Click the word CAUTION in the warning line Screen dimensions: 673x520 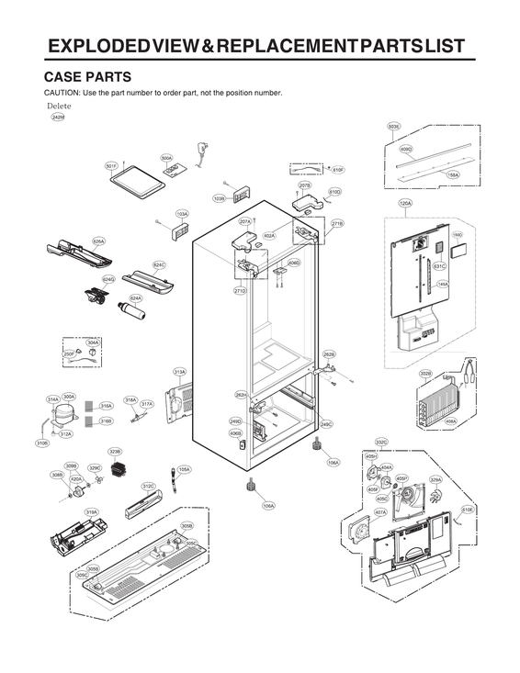point(62,94)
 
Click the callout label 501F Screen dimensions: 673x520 point(111,166)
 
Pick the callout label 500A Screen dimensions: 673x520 point(166,158)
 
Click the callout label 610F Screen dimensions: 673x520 point(337,170)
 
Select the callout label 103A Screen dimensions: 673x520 point(182,214)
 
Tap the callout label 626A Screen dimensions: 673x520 point(98,241)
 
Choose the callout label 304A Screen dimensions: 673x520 point(93,342)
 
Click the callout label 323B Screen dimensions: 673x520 point(115,452)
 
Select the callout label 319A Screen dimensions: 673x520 point(92,512)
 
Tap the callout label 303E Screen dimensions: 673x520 point(393,126)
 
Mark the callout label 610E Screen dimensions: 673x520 point(467,510)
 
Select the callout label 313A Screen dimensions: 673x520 point(180,372)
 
